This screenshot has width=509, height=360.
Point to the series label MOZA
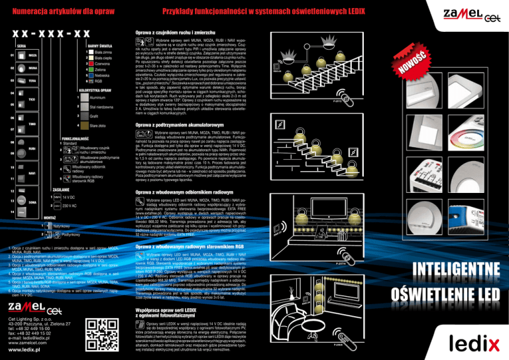tap(33, 55)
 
